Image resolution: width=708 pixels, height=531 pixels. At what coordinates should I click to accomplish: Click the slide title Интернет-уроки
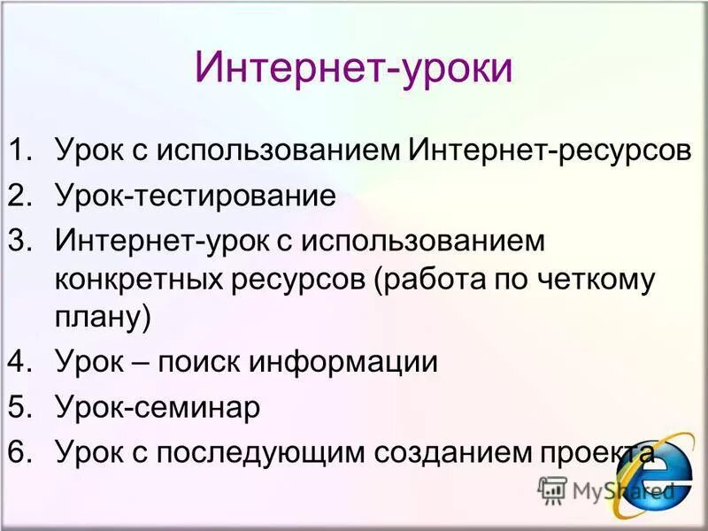(354, 69)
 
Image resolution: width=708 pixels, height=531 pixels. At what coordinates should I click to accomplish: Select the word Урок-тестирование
(196, 196)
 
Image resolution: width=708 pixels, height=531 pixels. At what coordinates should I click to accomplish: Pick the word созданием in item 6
(447, 454)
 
